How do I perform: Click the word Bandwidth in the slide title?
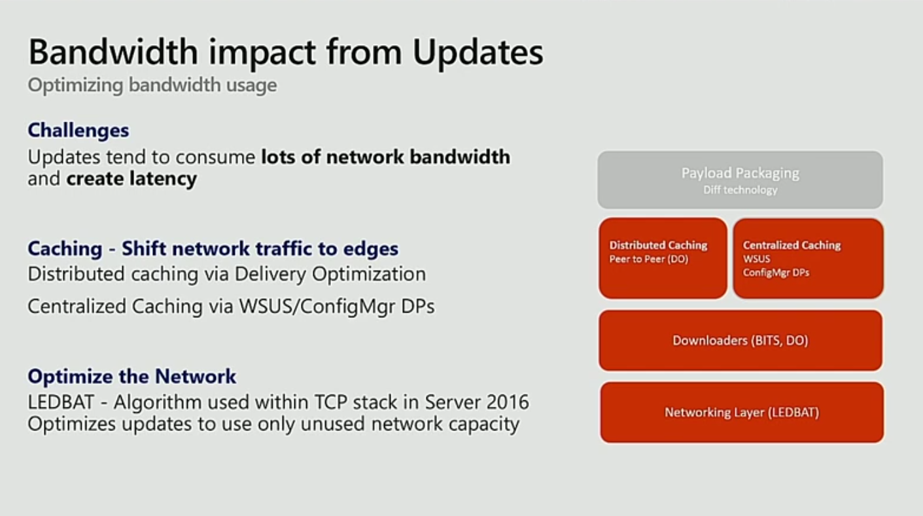(x=113, y=52)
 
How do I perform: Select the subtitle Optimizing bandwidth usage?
(x=152, y=85)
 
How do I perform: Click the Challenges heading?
(x=78, y=130)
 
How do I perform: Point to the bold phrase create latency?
(x=131, y=179)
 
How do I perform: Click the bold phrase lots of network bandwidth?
(x=386, y=157)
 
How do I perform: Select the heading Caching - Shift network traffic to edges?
(x=213, y=249)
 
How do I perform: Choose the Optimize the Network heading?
(x=132, y=376)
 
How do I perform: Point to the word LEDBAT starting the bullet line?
(x=61, y=402)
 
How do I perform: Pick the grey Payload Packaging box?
(x=740, y=180)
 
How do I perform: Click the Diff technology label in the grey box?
(x=740, y=190)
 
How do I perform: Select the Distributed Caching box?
(x=663, y=258)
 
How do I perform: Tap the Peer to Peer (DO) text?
(x=648, y=259)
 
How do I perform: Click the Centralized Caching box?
(x=808, y=258)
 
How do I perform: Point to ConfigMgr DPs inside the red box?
(x=776, y=273)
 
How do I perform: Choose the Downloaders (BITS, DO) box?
(x=740, y=340)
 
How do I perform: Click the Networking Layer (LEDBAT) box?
(x=742, y=412)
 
